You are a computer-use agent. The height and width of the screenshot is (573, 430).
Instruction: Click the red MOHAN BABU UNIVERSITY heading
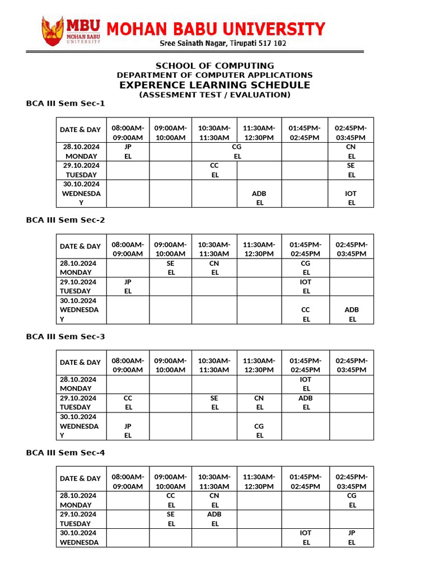tap(216, 29)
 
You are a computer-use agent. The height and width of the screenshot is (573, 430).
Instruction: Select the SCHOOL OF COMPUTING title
tap(214, 65)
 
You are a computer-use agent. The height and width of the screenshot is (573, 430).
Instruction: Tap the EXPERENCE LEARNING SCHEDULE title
tap(214, 85)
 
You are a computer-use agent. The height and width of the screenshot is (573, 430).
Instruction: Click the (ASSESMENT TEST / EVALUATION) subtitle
tap(214, 95)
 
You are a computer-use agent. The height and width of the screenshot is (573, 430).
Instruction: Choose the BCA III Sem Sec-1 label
tap(66, 104)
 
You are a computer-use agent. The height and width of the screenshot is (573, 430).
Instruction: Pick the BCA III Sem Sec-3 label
tap(66, 337)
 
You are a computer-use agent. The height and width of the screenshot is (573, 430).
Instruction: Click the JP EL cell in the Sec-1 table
tap(128, 152)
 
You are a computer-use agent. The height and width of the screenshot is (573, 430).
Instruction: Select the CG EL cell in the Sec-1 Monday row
tap(237, 152)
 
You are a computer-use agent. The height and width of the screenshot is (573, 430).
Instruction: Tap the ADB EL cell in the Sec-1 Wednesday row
tap(259, 198)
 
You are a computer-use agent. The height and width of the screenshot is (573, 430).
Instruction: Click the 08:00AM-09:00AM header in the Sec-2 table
tap(128, 249)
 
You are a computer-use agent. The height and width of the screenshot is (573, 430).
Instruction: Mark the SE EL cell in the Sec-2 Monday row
tap(171, 267)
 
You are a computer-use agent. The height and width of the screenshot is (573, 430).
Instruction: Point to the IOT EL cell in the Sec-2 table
tap(306, 286)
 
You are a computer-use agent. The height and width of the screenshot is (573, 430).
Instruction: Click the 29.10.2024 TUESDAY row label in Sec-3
tap(81, 402)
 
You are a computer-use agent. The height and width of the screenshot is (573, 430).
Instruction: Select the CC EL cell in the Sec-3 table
tap(128, 402)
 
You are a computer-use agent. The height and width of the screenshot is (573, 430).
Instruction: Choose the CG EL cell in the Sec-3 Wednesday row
tap(259, 430)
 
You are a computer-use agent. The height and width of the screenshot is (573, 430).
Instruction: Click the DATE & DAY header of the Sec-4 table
tap(81, 478)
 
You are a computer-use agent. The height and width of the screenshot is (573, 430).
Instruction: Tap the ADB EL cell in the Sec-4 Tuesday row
tap(214, 519)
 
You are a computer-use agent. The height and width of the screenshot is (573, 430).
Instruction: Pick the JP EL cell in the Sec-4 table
tap(352, 538)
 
